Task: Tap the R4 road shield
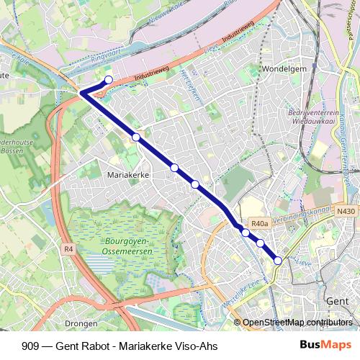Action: pos(69,249)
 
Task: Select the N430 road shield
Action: pos(346,211)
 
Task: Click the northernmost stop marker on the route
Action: pos(109,80)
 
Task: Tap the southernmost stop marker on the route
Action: pos(278,261)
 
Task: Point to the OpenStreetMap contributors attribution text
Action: pos(297,322)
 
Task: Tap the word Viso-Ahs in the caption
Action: pos(197,345)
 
